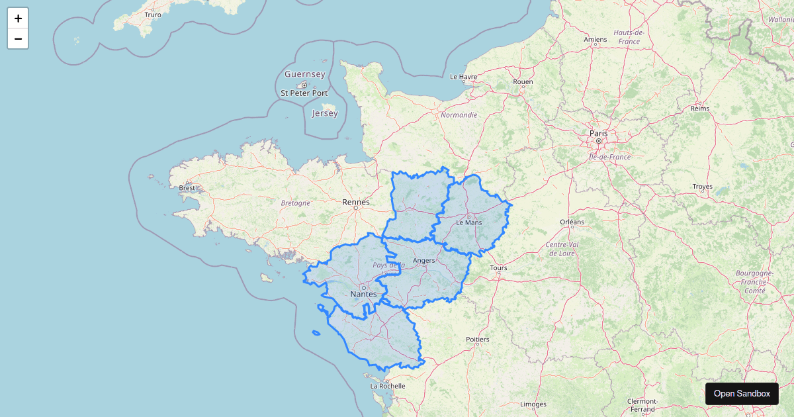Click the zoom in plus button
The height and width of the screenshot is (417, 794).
pos(18,19)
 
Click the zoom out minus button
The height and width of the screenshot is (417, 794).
pos(18,39)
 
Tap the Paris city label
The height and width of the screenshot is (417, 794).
pos(598,133)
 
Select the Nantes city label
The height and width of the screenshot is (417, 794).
pos(363,294)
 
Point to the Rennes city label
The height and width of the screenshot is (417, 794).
pos(356,202)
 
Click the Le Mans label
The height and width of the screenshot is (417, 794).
pos(469,222)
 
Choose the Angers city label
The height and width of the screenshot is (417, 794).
pos(423,260)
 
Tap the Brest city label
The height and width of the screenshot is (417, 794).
pos(187,188)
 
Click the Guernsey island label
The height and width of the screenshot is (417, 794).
pos(304,74)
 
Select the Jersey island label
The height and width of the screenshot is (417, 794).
pos(325,113)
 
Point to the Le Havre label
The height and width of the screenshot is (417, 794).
pos(463,77)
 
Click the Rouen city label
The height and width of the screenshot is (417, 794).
pos(523,82)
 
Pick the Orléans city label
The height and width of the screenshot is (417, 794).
pos(572,222)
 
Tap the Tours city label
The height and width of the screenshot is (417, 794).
pos(498,268)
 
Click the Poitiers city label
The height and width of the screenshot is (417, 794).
pos(477,340)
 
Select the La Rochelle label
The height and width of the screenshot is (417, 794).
pos(387,386)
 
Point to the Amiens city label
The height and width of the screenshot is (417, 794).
pos(595,40)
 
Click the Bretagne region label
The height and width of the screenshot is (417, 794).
pos(295,203)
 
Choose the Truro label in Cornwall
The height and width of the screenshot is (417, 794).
pos(153,14)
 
